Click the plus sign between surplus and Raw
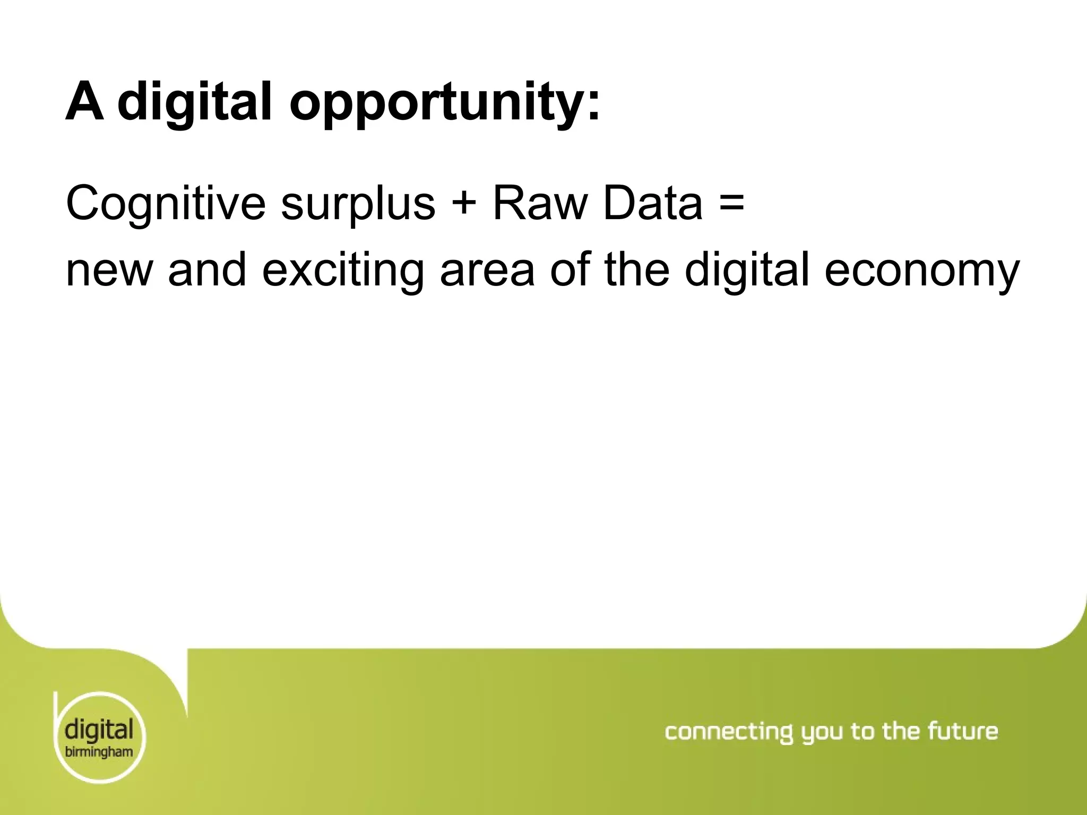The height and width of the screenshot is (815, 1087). tap(464, 204)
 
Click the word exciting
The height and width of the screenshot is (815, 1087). tap(343, 271)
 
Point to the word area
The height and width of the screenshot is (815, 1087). tap(487, 271)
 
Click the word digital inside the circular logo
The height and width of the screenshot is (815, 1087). tap(99, 731)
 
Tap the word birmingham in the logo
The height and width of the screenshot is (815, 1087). tap(99, 752)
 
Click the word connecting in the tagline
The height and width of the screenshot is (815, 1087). tap(728, 732)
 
